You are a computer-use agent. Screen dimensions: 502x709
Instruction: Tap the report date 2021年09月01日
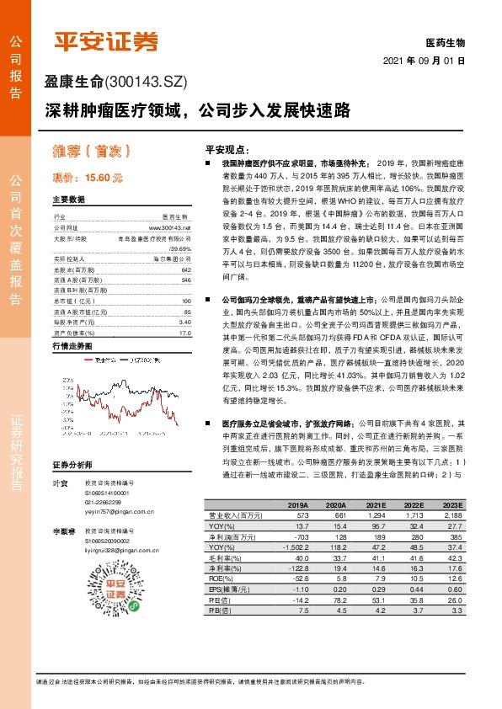pyautogui.click(x=424, y=61)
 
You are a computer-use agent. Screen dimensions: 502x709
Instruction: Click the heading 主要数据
pyautogui.click(x=69, y=200)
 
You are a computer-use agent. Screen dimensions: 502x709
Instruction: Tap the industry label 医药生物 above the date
pyautogui.click(x=446, y=43)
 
